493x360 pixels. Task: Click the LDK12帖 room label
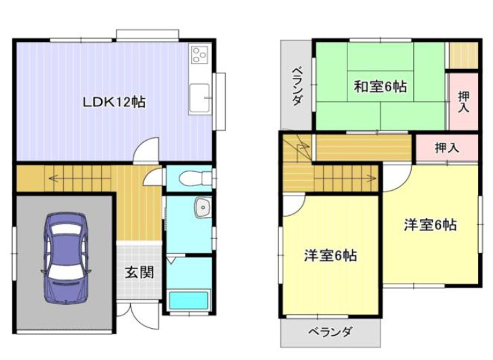[x=114, y=102]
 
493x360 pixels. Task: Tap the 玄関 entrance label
[x=140, y=272]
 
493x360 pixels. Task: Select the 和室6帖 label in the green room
[x=380, y=87]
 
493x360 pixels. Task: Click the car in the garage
[x=66, y=258]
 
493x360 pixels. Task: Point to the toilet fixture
[x=196, y=179]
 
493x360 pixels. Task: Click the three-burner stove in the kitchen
[x=200, y=54]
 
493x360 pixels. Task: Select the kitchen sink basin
[x=200, y=97]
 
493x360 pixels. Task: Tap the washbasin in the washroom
[x=203, y=207]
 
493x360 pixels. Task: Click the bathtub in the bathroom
[x=189, y=300]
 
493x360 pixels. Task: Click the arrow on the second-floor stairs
[x=346, y=178]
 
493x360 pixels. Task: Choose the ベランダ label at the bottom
[x=330, y=332]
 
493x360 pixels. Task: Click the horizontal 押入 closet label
[x=447, y=148]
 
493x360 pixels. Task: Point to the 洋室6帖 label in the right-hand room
[x=430, y=225]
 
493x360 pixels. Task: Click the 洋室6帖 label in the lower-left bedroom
[x=330, y=255]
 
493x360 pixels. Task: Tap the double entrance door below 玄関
[x=138, y=314]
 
